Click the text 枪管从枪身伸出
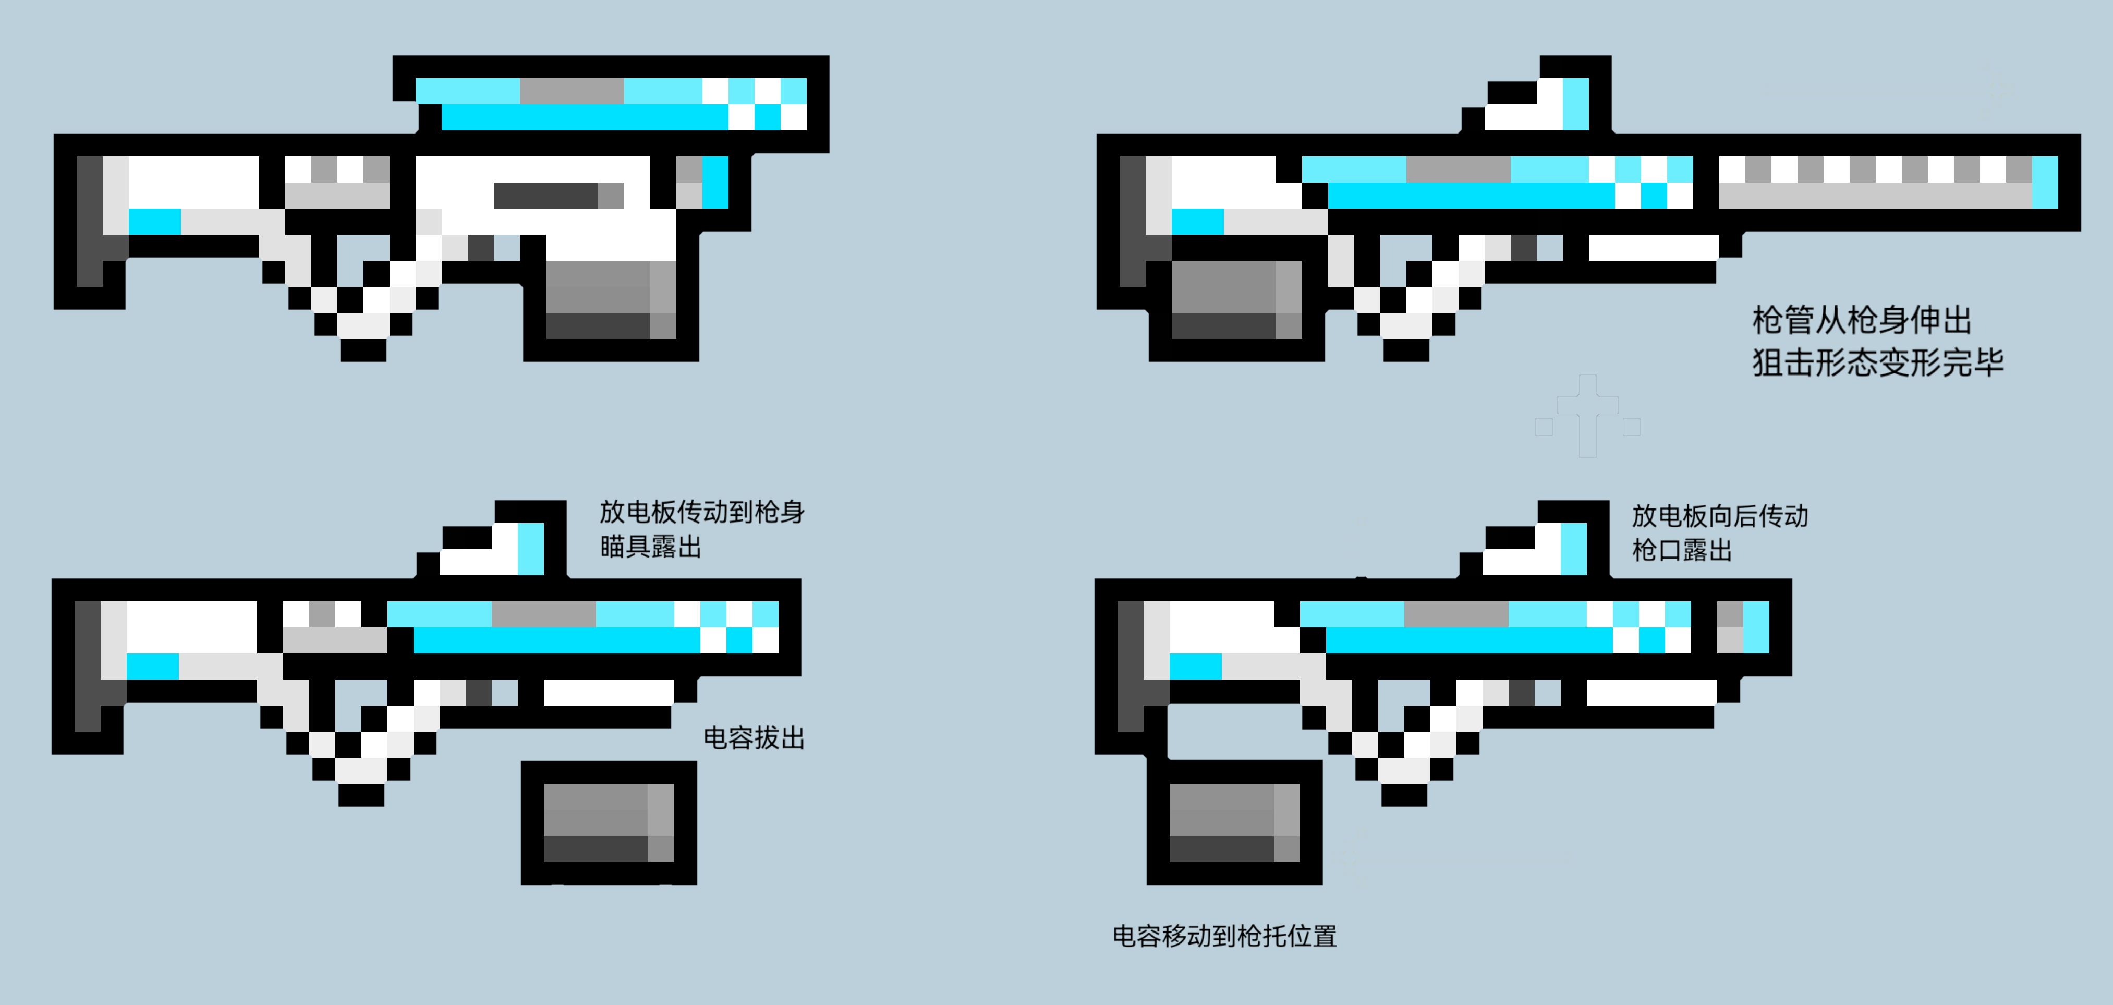tap(1862, 320)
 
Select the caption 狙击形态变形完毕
tap(1878, 362)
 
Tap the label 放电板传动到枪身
tap(702, 512)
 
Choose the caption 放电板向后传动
tap(1720, 516)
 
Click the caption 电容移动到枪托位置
tap(1224, 936)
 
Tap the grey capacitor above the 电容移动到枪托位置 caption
tap(1234, 822)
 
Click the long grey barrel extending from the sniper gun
tap(1887, 182)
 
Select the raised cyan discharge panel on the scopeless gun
tap(611, 104)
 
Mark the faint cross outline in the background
tap(1587, 416)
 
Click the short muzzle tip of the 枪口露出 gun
tap(1743, 627)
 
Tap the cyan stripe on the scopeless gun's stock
tap(155, 222)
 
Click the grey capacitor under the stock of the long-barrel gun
tap(1237, 299)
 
